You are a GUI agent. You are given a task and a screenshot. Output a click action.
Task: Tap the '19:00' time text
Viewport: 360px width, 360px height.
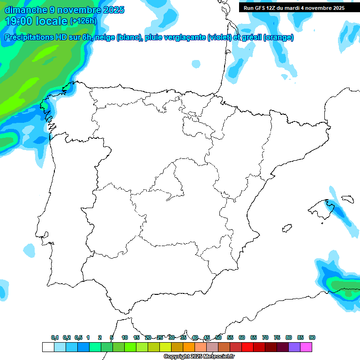coord(19,21)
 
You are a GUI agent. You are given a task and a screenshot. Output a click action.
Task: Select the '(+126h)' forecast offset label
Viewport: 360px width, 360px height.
coord(83,21)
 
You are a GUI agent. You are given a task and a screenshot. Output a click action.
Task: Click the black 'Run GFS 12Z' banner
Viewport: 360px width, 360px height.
coord(294,7)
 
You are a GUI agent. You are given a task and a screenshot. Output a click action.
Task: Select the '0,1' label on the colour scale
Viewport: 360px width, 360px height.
coord(54,337)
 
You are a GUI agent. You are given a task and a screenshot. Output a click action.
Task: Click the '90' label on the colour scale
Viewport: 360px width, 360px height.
coord(312,337)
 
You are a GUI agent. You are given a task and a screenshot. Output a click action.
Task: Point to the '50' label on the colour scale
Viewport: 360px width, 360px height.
coord(218,337)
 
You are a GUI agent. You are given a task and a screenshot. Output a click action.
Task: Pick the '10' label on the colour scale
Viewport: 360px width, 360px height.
coord(125,337)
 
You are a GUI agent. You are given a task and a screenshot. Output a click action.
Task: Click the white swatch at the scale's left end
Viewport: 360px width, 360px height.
coord(48,347)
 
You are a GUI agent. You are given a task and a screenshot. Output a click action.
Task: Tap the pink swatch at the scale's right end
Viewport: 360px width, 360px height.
coord(306,347)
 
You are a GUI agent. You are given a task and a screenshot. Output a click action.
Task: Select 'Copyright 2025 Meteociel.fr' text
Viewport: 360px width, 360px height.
coord(199,357)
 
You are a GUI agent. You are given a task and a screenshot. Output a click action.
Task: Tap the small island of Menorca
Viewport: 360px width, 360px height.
coord(347,199)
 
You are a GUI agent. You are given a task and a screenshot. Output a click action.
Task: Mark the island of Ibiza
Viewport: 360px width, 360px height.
coord(286,228)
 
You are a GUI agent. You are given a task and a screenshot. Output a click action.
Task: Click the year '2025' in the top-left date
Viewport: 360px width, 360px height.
coord(110,9)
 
